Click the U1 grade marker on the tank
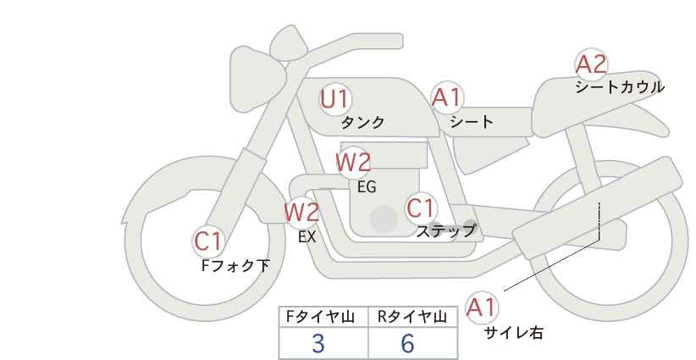pos(335,99)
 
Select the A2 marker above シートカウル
pos(591,64)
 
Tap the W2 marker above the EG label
pos(353,162)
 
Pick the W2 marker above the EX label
pos(301,212)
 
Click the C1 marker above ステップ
pos(420,208)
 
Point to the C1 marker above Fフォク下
pos(207,241)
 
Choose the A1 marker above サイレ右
pos(481,307)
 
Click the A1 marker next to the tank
pos(447,97)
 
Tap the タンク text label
pos(362,123)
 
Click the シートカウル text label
pos(620,87)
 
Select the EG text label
pos(367,187)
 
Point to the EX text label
pos(307,237)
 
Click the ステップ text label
pos(445,231)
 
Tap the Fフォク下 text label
pos(235,265)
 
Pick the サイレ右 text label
pos(514,333)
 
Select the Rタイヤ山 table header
pos(412,317)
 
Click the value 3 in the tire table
pos(318,343)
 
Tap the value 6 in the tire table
pos(407,343)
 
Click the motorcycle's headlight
pos(256,80)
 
